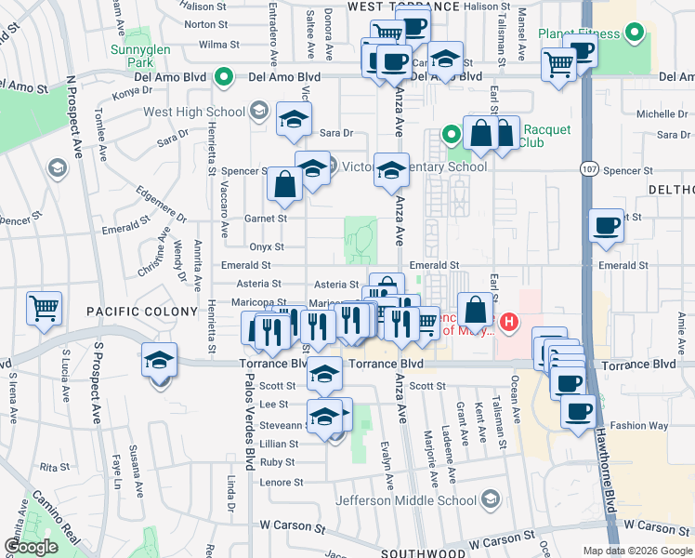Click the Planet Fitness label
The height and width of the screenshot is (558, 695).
[578, 34]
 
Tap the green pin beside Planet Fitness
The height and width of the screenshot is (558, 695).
[635, 34]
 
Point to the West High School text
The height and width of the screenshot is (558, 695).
[193, 113]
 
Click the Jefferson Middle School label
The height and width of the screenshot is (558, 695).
[406, 500]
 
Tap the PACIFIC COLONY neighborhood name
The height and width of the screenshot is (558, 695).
[143, 311]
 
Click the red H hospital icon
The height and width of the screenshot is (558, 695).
[509, 323]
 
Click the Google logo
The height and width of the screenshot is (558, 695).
[30, 547]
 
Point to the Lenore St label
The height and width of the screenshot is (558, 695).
[282, 483]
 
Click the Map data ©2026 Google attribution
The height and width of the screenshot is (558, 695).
[636, 551]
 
